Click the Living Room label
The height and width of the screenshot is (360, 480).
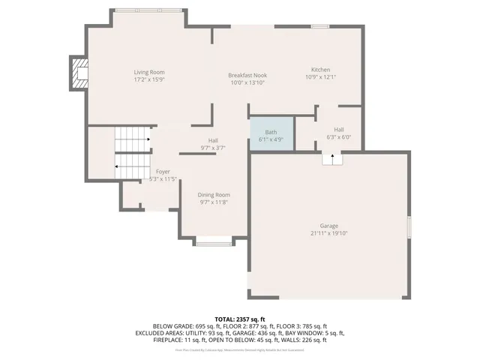pos(148,71)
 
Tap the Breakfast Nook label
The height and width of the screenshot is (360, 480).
pos(247,75)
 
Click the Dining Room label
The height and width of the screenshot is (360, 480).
pos(214,195)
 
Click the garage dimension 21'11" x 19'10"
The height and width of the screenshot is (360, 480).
pos(328,233)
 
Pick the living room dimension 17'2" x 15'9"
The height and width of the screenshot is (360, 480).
pos(148,79)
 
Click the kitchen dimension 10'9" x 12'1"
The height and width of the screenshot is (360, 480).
pos(320,76)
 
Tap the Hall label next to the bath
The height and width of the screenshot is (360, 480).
pos(338,129)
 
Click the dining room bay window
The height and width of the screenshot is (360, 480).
pos(214,241)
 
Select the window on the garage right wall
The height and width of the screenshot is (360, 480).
pos(409,227)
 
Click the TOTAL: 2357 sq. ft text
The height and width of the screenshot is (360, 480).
pos(240,319)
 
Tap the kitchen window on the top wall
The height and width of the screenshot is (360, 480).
pos(320,26)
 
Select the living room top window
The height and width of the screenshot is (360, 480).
pos(147,10)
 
